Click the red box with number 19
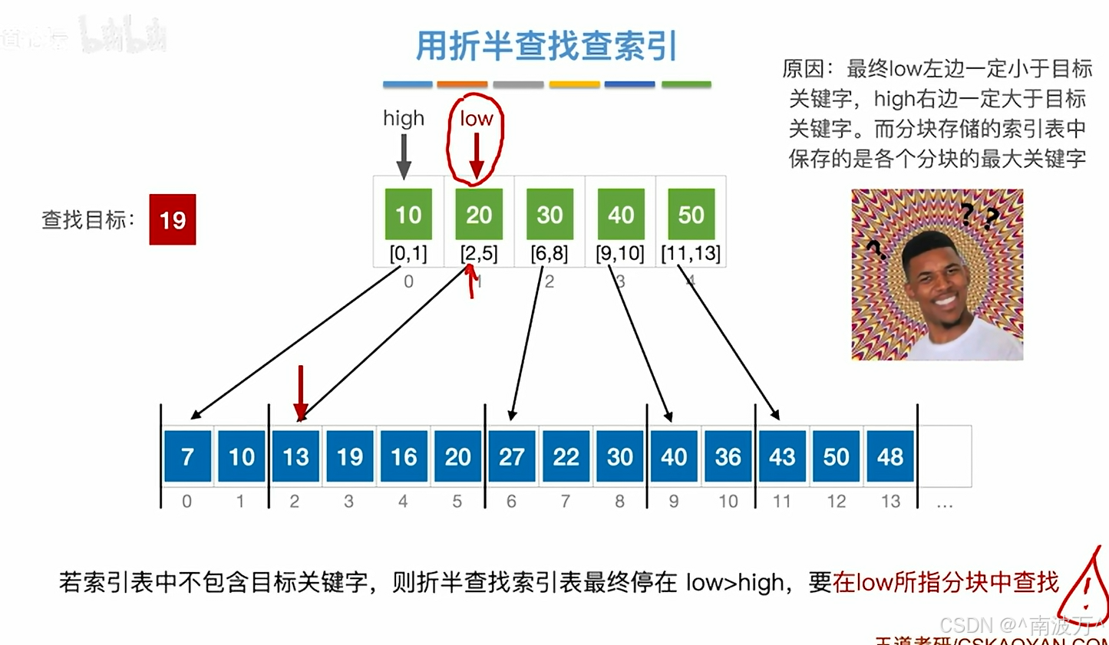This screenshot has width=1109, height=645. [173, 219]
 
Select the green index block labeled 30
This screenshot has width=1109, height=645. [550, 214]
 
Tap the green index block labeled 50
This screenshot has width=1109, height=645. [691, 214]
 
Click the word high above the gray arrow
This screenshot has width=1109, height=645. [404, 118]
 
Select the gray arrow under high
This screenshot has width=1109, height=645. [404, 156]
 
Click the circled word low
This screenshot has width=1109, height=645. [476, 119]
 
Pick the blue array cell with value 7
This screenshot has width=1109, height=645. [187, 456]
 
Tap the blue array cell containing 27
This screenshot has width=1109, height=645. [512, 456]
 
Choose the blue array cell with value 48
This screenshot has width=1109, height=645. [890, 456]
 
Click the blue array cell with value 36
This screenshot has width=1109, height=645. [728, 456]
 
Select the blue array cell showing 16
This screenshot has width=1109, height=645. [404, 456]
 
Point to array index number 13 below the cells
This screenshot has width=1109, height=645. [890, 502]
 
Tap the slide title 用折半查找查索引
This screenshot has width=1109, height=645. [546, 46]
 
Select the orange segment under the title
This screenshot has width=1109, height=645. [462, 84]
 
